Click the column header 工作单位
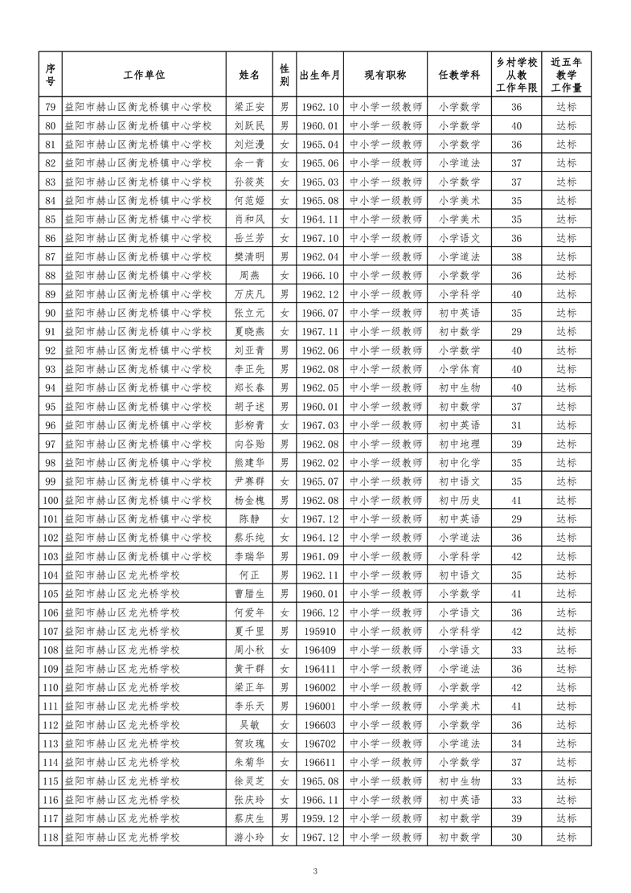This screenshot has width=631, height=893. point(144,75)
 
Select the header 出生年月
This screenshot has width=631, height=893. point(320,75)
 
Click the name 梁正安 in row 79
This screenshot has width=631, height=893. point(249,107)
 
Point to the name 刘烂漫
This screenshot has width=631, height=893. point(249,144)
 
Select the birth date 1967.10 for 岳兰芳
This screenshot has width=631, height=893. point(320,238)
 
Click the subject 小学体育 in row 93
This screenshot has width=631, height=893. point(459,369)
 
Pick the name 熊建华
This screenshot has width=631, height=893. point(249,463)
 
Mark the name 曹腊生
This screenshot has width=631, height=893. point(249,594)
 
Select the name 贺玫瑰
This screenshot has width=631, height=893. point(249,743)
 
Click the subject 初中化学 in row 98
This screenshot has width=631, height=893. point(459,463)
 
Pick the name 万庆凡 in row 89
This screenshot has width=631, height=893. point(249,294)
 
